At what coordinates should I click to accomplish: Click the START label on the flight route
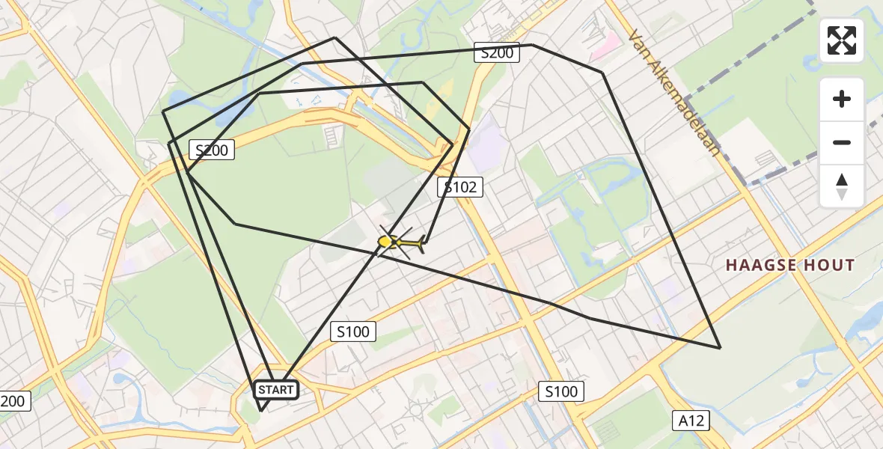(276, 390)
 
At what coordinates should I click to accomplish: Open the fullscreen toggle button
(842, 40)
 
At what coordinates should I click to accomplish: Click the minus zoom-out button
(842, 142)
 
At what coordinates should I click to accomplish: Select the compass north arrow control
(842, 186)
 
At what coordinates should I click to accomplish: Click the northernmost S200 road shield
(497, 53)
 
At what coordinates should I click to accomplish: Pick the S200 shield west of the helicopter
(212, 150)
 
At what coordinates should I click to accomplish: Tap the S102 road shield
(459, 187)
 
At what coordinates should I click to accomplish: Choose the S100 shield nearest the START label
(353, 331)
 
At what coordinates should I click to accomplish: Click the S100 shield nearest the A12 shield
(561, 391)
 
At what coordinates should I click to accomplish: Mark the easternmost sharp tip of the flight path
(720, 348)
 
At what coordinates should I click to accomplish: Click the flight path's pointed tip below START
(260, 411)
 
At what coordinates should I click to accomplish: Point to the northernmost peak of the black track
(334, 37)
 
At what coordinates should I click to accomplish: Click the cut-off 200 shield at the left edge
(13, 401)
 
